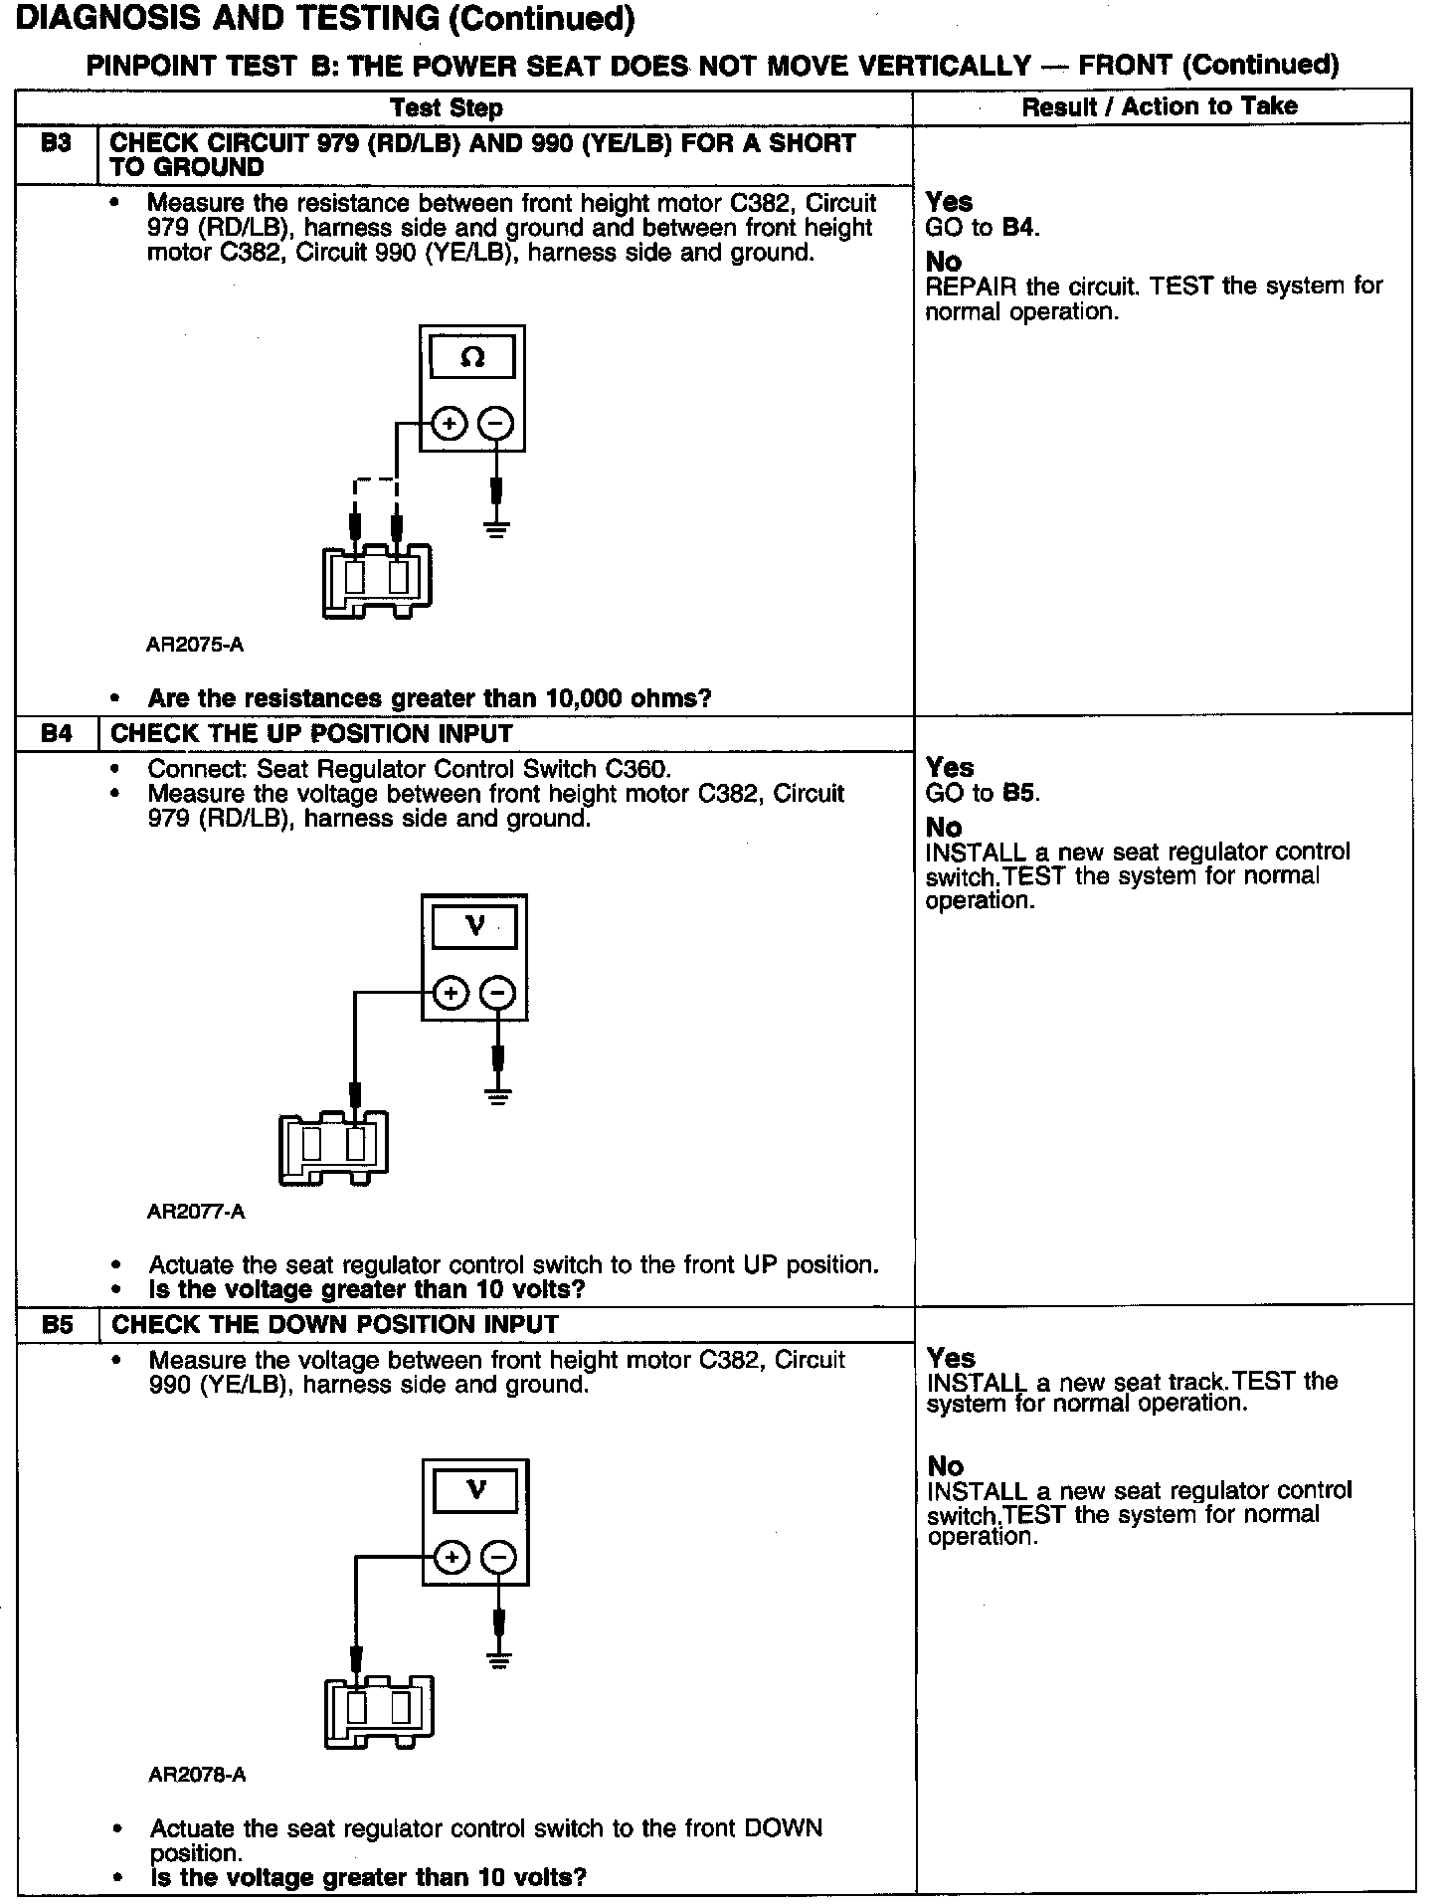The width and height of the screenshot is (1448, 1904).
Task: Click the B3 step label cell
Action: [x=57, y=144]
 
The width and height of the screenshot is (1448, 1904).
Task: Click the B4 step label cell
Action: [x=57, y=734]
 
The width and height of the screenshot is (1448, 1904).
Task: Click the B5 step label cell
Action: [x=58, y=1324]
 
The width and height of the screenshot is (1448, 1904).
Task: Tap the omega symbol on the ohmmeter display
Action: [x=472, y=357]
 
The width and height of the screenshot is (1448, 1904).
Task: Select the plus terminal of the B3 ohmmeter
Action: [x=450, y=425]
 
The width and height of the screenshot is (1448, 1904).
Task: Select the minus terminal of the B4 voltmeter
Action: [x=498, y=993]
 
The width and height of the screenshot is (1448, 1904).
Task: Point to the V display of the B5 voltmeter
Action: [x=475, y=1491]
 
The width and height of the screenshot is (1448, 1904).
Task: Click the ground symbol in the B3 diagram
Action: [x=497, y=527]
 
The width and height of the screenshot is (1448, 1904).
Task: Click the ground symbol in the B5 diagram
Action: [x=499, y=1659]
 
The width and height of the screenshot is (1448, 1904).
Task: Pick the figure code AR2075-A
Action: [x=195, y=645]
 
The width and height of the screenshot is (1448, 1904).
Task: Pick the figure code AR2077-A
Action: [x=196, y=1212]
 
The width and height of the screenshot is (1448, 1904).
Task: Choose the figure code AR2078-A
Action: [x=197, y=1775]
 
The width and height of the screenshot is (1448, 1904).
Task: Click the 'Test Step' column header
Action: [x=447, y=107]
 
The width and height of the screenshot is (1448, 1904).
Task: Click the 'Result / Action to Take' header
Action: [x=1160, y=106]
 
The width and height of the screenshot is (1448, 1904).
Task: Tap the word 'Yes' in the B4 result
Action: [x=950, y=768]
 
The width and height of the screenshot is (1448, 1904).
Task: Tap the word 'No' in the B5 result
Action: [x=945, y=1465]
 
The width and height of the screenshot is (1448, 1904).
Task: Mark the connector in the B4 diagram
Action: [x=333, y=1147]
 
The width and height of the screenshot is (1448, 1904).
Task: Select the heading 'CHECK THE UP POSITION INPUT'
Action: [x=311, y=734]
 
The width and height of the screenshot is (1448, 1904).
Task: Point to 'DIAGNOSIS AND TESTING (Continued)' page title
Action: [x=326, y=19]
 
